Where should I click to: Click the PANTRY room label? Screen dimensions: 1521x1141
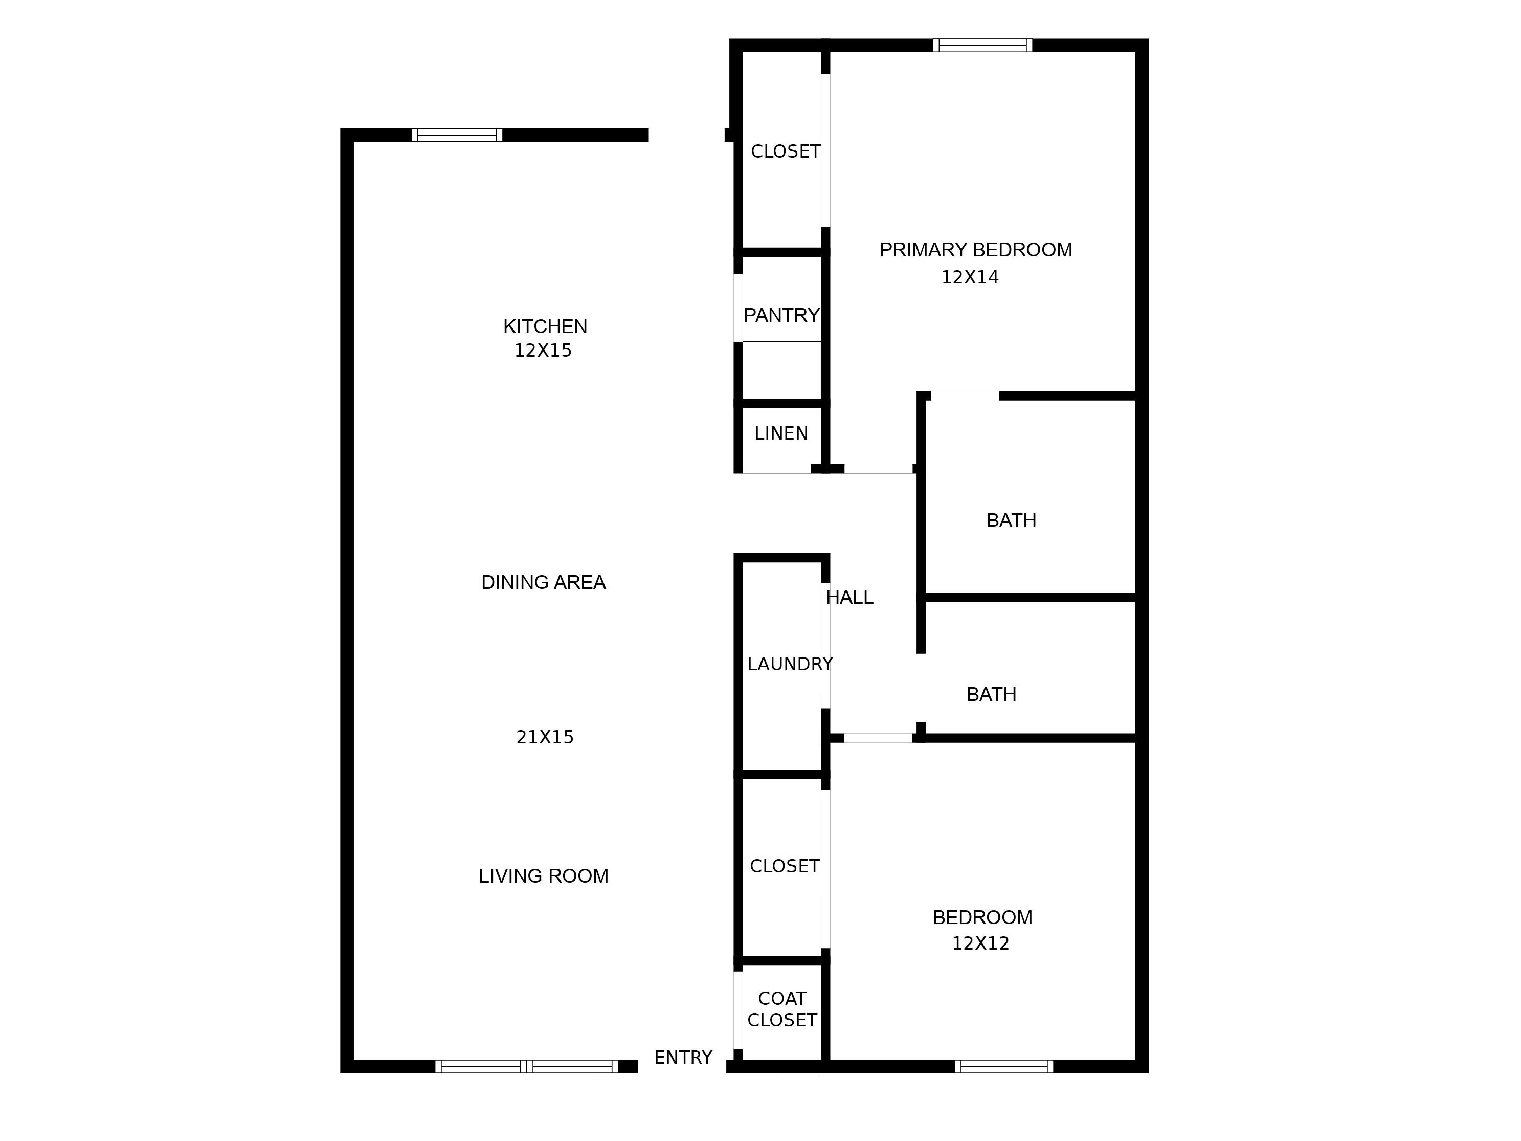781,316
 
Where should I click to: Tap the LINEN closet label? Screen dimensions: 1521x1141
781,433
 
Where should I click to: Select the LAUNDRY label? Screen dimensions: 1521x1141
790,664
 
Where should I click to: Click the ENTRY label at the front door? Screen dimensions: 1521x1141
683,1058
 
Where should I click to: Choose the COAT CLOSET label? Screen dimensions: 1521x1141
782,1009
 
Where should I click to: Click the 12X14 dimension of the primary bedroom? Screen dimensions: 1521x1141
970,277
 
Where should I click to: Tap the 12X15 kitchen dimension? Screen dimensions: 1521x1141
543,351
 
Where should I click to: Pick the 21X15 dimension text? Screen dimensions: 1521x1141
545,737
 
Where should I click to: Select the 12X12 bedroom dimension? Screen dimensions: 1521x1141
980,943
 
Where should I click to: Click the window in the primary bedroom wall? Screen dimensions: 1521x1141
982,46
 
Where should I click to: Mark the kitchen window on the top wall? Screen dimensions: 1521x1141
457,135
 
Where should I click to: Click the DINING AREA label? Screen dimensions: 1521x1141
543,583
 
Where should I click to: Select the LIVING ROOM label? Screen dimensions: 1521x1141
543,876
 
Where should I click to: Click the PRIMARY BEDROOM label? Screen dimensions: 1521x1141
976,250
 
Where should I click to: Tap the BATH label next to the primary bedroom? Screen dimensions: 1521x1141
1011,521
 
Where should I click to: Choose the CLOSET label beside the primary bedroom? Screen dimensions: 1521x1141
785,151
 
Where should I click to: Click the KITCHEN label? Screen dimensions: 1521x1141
545,326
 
